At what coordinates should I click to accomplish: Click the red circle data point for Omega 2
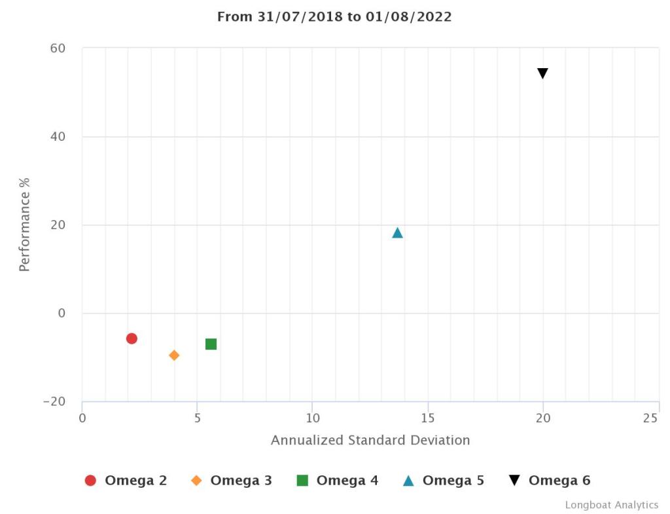point(132,339)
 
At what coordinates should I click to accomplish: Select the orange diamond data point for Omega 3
point(174,356)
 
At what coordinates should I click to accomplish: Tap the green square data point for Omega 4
point(211,344)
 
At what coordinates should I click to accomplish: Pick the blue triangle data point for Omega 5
point(397,232)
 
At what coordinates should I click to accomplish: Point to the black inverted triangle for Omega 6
point(542,73)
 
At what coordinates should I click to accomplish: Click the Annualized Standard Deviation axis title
point(370,440)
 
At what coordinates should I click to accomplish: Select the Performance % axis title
point(25,224)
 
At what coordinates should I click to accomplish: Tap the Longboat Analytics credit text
point(612,505)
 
